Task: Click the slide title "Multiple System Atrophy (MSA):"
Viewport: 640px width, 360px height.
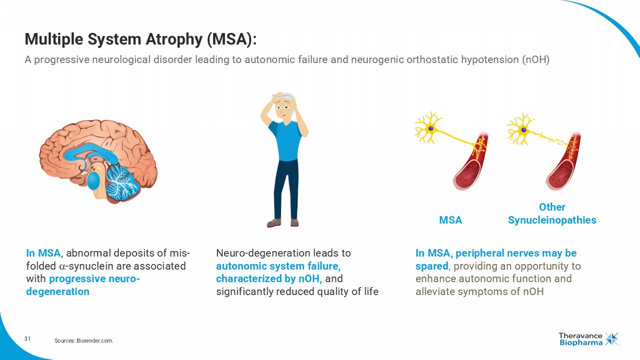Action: point(140,39)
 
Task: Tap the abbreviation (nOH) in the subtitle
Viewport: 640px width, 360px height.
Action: point(536,60)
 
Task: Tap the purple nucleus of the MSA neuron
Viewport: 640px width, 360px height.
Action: point(431,128)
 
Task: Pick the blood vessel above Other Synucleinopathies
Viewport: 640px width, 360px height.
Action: point(563,165)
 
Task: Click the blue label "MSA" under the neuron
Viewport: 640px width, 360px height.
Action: point(450,220)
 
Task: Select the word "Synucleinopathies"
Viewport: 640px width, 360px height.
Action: point(552,220)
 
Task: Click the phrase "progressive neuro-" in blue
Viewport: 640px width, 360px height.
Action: point(95,279)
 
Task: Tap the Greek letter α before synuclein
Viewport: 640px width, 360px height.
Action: point(63,266)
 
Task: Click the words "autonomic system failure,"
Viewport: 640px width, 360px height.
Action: point(278,266)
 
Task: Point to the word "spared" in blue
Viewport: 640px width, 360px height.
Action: point(432,266)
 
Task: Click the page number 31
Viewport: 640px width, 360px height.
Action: point(28,339)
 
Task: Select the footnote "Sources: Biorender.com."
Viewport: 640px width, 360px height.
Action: point(84,340)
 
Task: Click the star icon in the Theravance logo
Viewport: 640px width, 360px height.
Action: point(612,339)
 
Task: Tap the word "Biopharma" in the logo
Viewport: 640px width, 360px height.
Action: point(581,343)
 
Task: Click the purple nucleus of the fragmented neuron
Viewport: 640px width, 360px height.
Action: point(524,130)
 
